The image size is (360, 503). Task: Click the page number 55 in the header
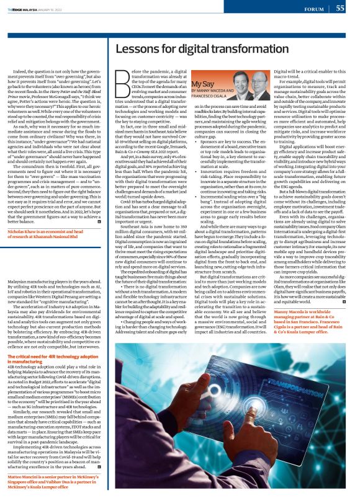point(341,8)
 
